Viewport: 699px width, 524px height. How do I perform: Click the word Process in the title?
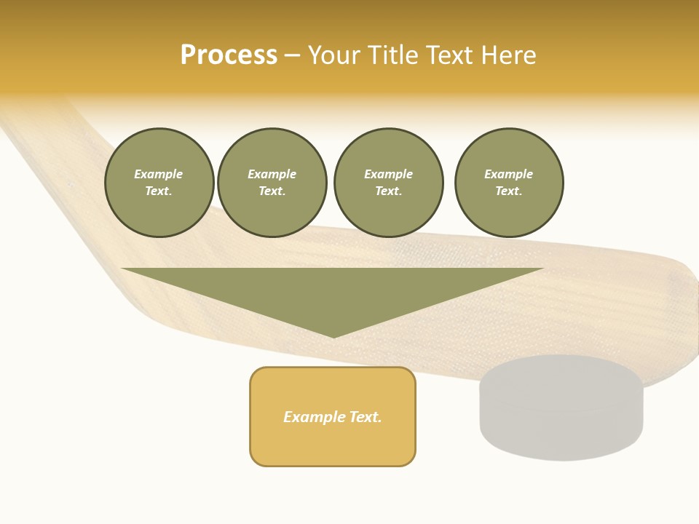[x=229, y=55]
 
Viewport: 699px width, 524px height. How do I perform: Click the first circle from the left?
[x=159, y=183]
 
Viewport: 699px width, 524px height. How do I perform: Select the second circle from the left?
[x=272, y=183]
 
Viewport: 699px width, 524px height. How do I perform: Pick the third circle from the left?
[x=388, y=183]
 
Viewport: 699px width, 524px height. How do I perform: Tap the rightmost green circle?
[x=509, y=183]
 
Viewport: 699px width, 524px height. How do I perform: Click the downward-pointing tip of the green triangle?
[x=333, y=336]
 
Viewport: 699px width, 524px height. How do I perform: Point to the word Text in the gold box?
[x=364, y=417]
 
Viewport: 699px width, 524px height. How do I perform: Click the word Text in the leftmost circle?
[x=158, y=191]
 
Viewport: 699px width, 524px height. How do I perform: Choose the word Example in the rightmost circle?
[x=508, y=174]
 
